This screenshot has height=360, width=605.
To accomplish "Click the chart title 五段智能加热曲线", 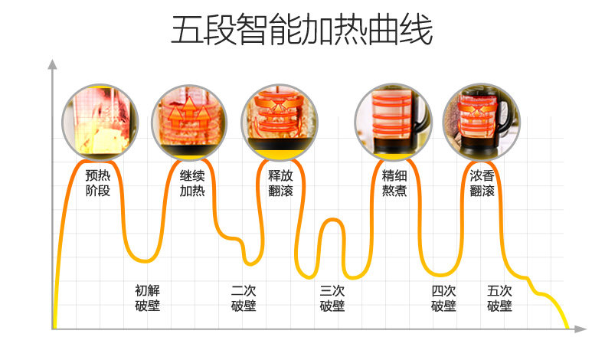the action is pos(302,31).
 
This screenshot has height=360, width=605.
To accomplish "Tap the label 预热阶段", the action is pos(98,182).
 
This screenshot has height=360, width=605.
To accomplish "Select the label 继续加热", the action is pos(192,182).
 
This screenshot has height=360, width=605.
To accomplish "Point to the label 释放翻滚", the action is pos(280,182).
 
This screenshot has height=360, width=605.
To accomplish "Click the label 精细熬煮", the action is pos(394,182).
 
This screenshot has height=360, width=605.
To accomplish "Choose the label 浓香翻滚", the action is pos(482,182).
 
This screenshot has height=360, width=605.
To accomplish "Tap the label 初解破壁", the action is pos(147,298).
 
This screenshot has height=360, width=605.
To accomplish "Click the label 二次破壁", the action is pos(244,298).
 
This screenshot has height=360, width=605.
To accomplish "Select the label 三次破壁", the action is pos(332,298).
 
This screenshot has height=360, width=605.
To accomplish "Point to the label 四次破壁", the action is pos(443,298).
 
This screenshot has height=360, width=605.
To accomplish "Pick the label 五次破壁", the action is pos(499,298).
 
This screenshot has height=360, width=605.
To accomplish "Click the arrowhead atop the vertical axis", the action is pos(52,64).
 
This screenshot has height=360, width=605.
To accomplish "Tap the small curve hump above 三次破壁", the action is pos(331,221).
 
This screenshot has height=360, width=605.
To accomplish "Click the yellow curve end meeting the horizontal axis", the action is pos(567,327).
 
